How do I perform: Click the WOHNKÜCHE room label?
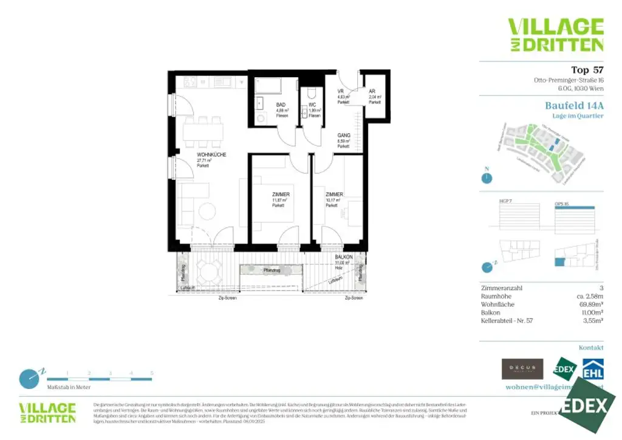(x=211, y=155)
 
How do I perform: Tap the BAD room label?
(x=281, y=104)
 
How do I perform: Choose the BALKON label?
(x=344, y=258)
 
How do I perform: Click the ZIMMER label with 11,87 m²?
(x=281, y=194)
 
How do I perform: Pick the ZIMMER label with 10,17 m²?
(x=334, y=194)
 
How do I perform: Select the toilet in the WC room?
(x=311, y=92)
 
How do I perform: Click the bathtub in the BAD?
(x=275, y=86)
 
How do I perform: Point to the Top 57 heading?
(x=587, y=69)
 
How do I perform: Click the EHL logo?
(x=593, y=369)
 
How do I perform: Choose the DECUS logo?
(x=522, y=369)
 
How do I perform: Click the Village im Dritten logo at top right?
(x=555, y=35)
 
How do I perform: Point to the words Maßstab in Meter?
(x=69, y=387)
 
